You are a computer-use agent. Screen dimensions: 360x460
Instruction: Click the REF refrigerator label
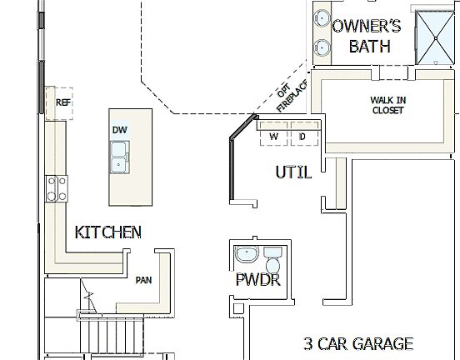point(62,102)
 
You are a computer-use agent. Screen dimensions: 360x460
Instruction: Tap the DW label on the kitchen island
point(119,131)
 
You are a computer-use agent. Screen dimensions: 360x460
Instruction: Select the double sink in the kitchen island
point(119,156)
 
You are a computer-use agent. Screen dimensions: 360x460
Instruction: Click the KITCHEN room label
point(107,232)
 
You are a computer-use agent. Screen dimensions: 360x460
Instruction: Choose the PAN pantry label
point(143,280)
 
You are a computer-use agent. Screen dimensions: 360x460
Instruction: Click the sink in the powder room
point(246,254)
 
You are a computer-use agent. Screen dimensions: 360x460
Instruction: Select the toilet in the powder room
point(272,254)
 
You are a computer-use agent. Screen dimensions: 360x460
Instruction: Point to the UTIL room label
point(293,172)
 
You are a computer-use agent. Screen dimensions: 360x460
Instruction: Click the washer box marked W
point(272,136)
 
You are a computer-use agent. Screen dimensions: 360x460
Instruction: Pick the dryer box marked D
point(302,136)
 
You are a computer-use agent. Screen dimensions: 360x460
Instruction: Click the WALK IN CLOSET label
point(387,105)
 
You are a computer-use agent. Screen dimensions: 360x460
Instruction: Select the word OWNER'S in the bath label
point(367,26)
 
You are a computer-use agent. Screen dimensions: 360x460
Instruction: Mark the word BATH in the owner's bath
point(369,47)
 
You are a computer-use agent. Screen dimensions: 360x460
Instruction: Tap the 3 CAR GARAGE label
point(357,342)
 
